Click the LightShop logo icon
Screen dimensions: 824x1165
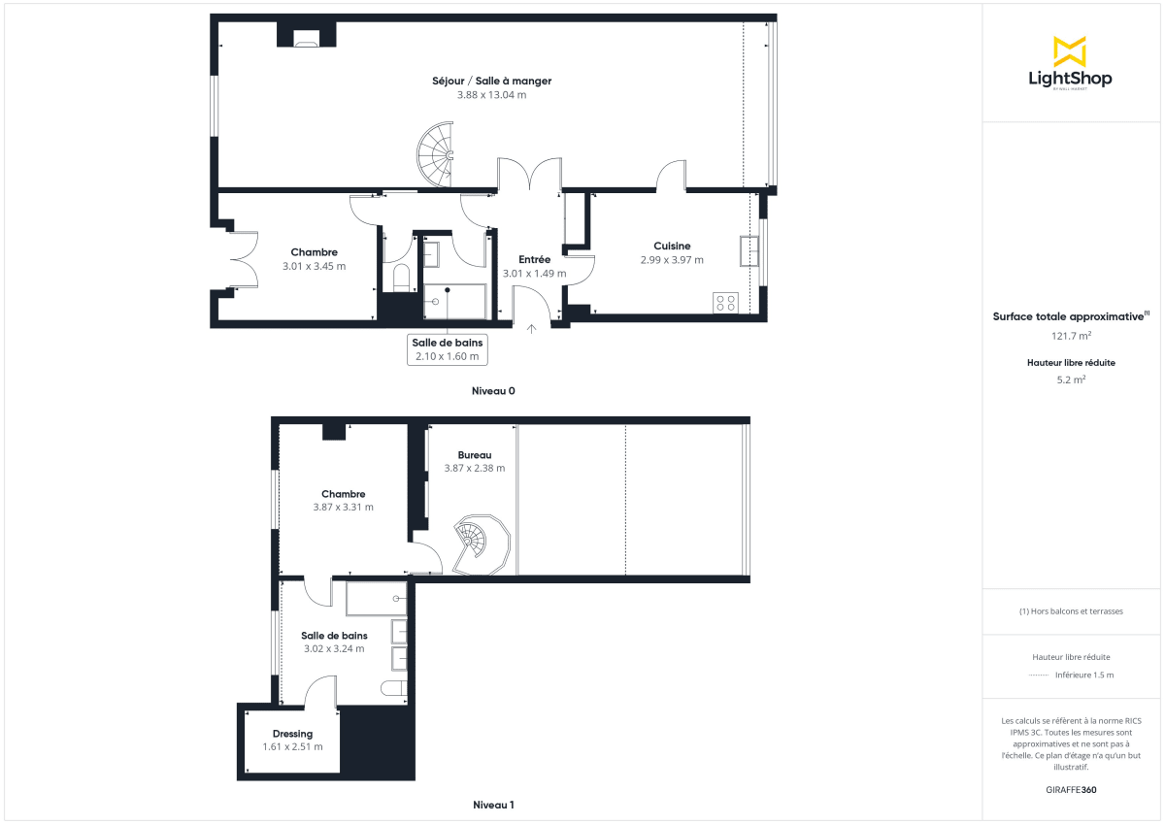(x=1070, y=51)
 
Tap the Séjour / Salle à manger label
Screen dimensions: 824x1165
(x=491, y=81)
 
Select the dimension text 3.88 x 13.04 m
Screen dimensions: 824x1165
(x=491, y=95)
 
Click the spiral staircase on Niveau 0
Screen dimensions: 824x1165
(x=436, y=154)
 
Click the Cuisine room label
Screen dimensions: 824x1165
(x=672, y=246)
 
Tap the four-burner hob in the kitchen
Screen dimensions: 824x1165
(x=726, y=302)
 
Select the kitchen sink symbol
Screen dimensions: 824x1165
(x=749, y=250)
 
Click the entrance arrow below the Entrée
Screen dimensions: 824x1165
(x=531, y=329)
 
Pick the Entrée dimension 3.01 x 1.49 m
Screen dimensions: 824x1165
(x=534, y=274)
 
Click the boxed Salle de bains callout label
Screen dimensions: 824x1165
(x=447, y=348)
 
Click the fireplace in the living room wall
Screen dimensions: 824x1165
(x=307, y=38)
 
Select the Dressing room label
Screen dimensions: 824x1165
(x=292, y=734)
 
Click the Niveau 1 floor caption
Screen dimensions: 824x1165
(x=493, y=805)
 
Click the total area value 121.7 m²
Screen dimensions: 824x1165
(x=1071, y=336)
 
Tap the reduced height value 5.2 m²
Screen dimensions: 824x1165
(x=1071, y=380)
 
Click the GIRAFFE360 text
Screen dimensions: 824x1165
(x=1071, y=790)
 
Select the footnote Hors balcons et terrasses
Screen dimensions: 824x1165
(x=1071, y=611)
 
